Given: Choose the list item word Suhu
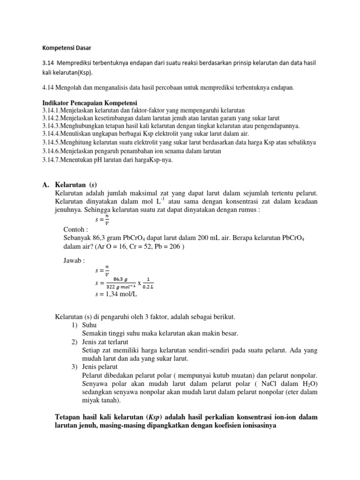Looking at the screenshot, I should [89, 325].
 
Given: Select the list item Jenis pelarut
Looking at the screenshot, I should [100, 367].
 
